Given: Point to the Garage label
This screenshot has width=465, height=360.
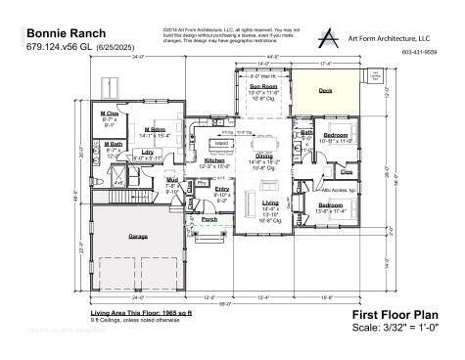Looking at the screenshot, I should [x=137, y=235].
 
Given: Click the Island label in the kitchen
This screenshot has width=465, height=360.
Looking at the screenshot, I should [x=221, y=143].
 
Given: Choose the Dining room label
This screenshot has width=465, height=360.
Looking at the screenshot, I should [x=264, y=156].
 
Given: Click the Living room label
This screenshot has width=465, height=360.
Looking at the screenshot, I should [x=269, y=202].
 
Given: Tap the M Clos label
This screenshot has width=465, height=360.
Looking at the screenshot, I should [x=110, y=113].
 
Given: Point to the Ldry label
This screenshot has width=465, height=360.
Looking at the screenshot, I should [x=147, y=152].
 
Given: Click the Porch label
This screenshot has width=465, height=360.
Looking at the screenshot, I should [x=209, y=220].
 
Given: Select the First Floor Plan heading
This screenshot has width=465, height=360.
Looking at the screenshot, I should [x=394, y=314].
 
